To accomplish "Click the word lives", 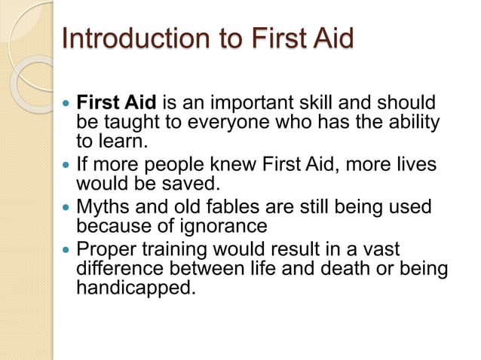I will pyautogui.click(x=417, y=163).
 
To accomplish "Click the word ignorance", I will pyautogui.click(x=228, y=225).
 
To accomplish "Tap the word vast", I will pyautogui.click(x=383, y=248).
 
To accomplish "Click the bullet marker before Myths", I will pyautogui.click(x=69, y=206).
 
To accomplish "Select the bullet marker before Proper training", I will pyautogui.click(x=69, y=249).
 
